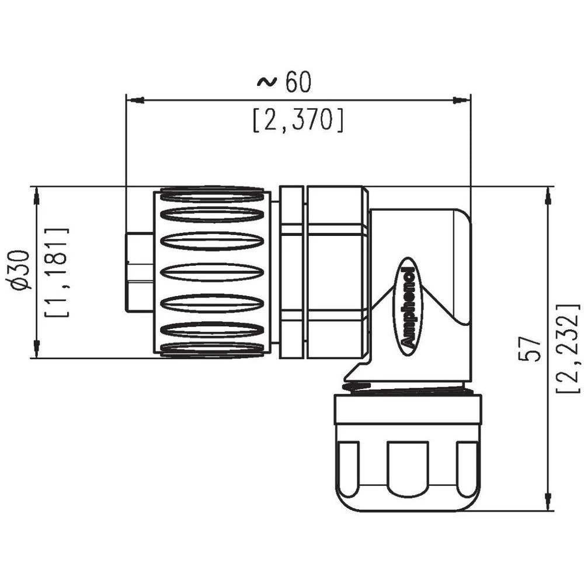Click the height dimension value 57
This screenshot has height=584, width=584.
pos(533,349)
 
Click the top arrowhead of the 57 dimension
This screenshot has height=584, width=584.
pos(548,196)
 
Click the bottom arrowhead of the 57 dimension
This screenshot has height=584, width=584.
pos(548,502)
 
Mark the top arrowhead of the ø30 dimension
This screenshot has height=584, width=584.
pos(37,196)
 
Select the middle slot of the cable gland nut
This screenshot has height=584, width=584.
pos(408,468)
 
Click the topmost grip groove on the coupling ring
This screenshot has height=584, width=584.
pos(211,194)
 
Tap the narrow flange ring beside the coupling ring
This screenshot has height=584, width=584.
pos(291,272)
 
